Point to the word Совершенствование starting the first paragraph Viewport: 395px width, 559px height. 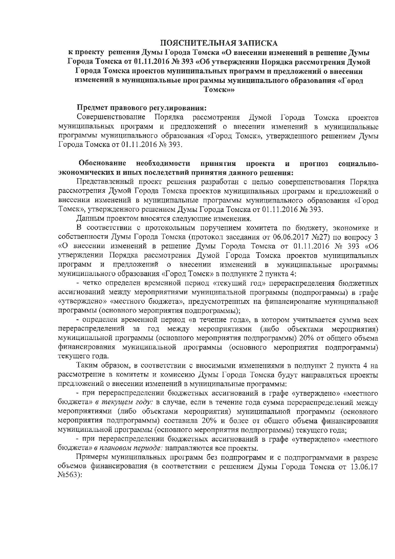[x=111, y=117]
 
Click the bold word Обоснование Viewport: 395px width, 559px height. [x=102, y=164]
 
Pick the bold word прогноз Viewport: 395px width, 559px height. [x=313, y=164]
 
